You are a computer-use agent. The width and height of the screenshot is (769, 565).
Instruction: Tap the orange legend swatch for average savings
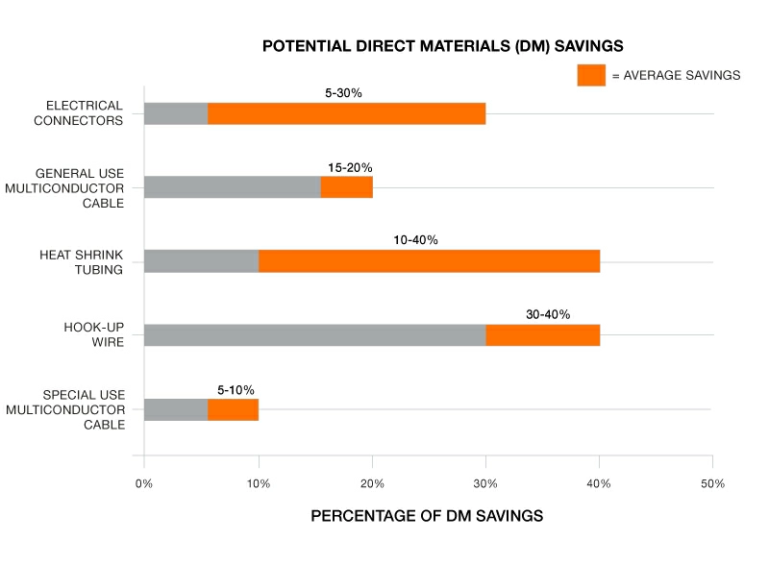(x=591, y=75)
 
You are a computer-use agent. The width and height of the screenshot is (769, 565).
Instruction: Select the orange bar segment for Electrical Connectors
(x=346, y=113)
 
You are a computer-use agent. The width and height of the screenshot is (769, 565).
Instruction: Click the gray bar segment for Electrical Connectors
(x=176, y=113)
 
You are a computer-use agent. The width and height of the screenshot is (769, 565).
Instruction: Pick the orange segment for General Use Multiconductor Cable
(x=346, y=186)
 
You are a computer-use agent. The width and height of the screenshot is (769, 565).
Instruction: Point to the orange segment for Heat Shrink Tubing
(x=429, y=260)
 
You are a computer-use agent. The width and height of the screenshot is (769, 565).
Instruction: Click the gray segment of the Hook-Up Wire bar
(x=314, y=335)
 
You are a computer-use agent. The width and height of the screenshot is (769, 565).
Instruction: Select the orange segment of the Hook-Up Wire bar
(x=542, y=335)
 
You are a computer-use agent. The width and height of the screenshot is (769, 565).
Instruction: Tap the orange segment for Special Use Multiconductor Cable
(x=233, y=409)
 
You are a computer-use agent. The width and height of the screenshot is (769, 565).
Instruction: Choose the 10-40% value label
(x=415, y=240)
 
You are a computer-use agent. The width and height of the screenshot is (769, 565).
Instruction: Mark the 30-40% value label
(x=548, y=314)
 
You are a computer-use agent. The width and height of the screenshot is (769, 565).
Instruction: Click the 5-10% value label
(x=236, y=390)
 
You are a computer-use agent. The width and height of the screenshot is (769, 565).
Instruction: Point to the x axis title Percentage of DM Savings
(x=427, y=516)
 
